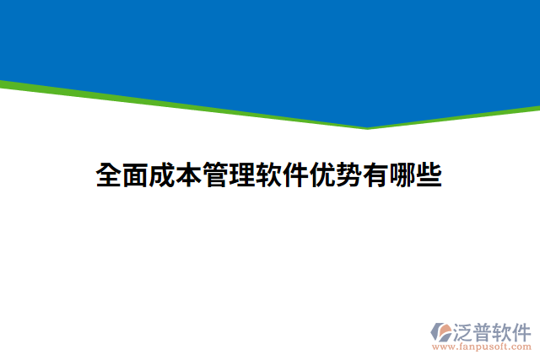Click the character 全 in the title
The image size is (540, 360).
point(110,175)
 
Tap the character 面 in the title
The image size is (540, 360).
point(137,175)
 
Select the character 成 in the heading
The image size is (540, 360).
point(163,175)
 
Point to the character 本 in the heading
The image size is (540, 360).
point(190,175)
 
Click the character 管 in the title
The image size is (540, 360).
point(216,175)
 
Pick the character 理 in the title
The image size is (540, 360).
point(243,175)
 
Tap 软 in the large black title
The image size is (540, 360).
point(269,175)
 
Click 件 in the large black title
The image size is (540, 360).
point(296,175)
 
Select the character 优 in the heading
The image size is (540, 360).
point(323,175)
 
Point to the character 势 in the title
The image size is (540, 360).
point(349,175)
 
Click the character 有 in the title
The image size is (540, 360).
point(376,175)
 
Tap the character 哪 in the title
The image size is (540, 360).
point(402,175)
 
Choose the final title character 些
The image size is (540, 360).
point(429,175)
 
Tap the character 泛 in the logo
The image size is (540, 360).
point(464,330)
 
